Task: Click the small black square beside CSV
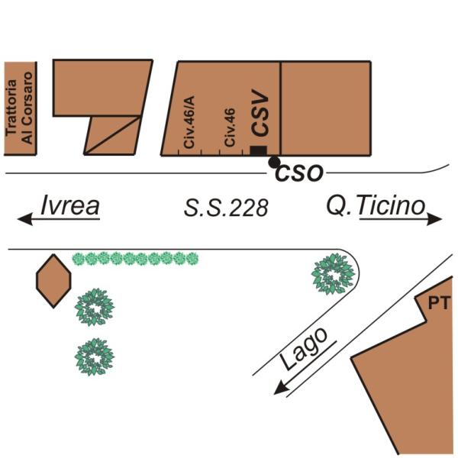(259, 151)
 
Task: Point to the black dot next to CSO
(273, 162)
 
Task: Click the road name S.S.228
(226, 207)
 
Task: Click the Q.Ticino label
(375, 205)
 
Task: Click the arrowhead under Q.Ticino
(436, 220)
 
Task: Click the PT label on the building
(437, 304)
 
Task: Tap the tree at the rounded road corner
(334, 273)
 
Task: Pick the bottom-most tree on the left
(94, 356)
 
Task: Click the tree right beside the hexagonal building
(94, 307)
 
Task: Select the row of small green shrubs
(135, 259)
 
